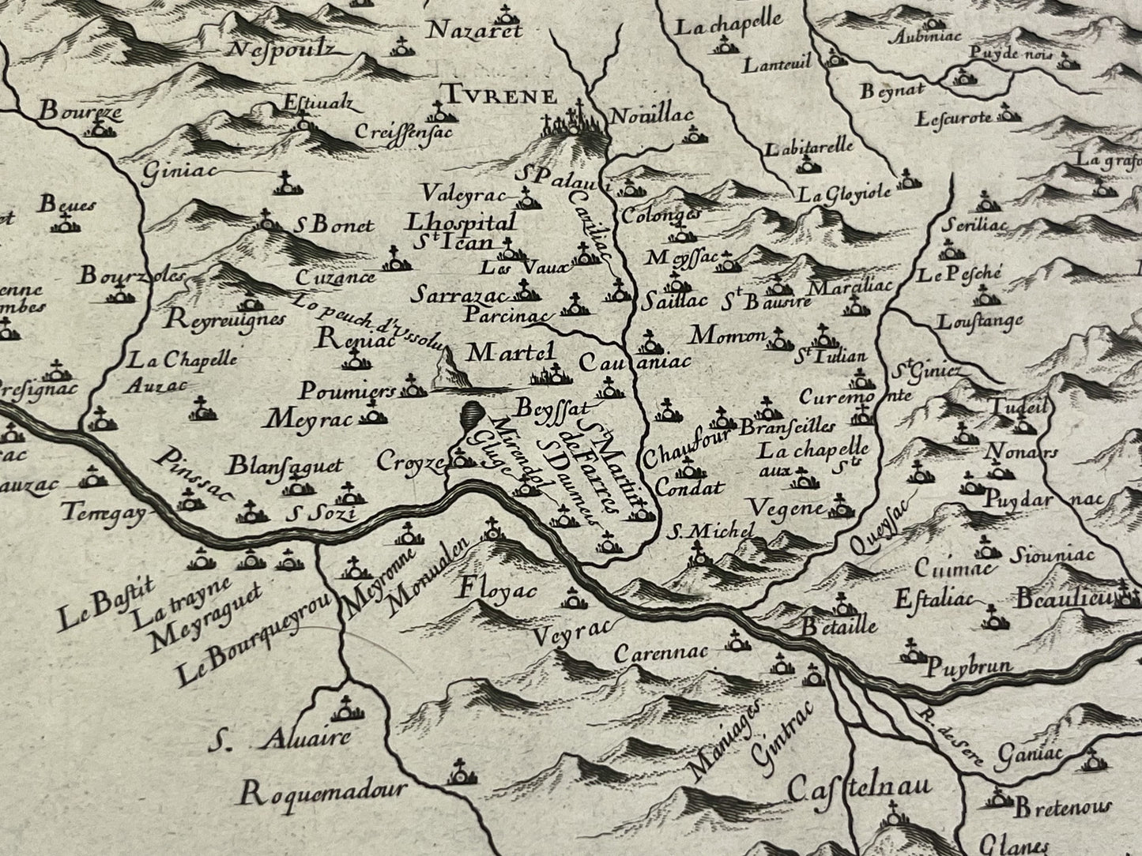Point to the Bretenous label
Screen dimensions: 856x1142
coord(1061,809)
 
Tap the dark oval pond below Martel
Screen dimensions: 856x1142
coord(472,414)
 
